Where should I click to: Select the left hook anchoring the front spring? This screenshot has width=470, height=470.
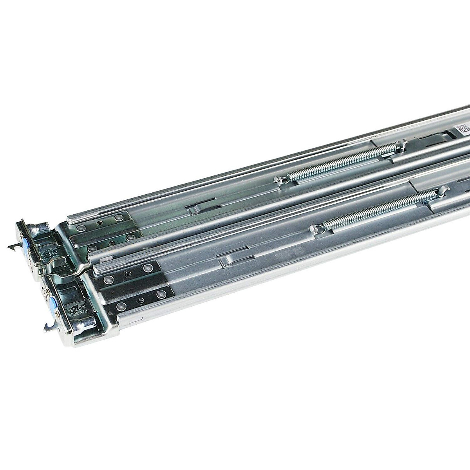click(x=316, y=229)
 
